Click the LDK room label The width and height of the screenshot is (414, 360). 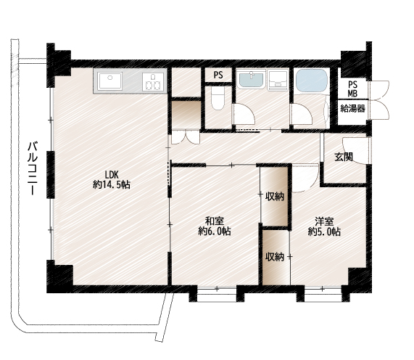[x=112, y=175]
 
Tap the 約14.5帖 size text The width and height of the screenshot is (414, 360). [x=112, y=184]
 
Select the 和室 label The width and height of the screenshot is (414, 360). [x=215, y=221]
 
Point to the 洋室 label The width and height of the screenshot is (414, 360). [x=324, y=221]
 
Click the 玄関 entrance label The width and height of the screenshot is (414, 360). [x=344, y=157]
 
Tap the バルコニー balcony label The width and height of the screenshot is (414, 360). [x=33, y=168]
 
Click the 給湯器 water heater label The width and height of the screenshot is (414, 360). [x=352, y=108]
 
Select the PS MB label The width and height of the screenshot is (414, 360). [x=352, y=89]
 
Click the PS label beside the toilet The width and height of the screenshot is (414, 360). [x=218, y=75]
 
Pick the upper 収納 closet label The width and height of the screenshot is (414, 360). [x=275, y=197]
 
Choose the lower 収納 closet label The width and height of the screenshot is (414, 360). [x=275, y=257]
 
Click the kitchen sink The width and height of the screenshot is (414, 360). [x=109, y=81]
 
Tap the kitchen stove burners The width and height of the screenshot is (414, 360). [x=152, y=82]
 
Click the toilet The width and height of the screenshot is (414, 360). [x=218, y=98]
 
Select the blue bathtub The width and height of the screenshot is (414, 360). [x=312, y=81]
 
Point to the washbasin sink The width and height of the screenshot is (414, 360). [x=251, y=79]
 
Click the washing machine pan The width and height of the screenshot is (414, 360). [x=278, y=81]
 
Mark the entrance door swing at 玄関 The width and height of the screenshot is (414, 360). [x=356, y=151]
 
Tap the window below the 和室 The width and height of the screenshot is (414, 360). [x=217, y=294]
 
